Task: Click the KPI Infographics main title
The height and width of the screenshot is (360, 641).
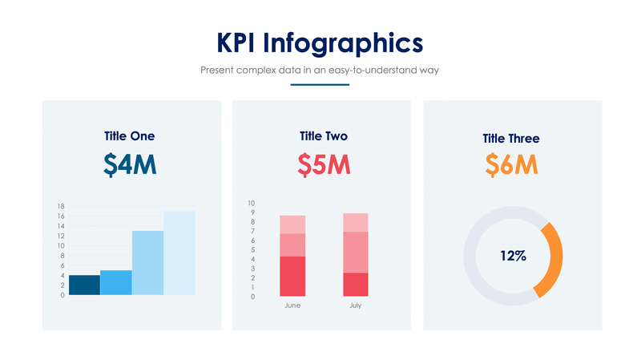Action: [x=320, y=42]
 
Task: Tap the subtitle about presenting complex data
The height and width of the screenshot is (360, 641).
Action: [x=320, y=71]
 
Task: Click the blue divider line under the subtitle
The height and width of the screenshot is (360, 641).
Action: [x=320, y=84]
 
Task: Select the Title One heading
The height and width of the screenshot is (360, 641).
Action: [x=130, y=136]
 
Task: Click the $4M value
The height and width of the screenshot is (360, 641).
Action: [x=130, y=164]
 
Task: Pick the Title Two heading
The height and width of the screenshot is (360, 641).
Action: [x=323, y=136]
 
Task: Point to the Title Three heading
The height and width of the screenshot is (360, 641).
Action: [x=511, y=139]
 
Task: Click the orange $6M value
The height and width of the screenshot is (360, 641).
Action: [x=511, y=165]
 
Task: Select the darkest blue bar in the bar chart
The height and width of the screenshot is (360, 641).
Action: [x=84, y=285]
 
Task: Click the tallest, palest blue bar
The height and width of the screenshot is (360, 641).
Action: [x=179, y=253]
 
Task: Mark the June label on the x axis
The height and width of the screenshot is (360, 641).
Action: [x=292, y=305]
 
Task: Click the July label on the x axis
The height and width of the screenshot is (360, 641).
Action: [x=355, y=305]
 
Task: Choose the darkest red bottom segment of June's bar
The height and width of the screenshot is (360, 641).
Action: [x=292, y=277]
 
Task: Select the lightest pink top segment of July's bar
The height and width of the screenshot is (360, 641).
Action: [x=355, y=222]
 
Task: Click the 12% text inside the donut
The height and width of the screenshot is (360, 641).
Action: [x=513, y=256]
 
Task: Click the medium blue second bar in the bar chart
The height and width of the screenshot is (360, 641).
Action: [x=116, y=282]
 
